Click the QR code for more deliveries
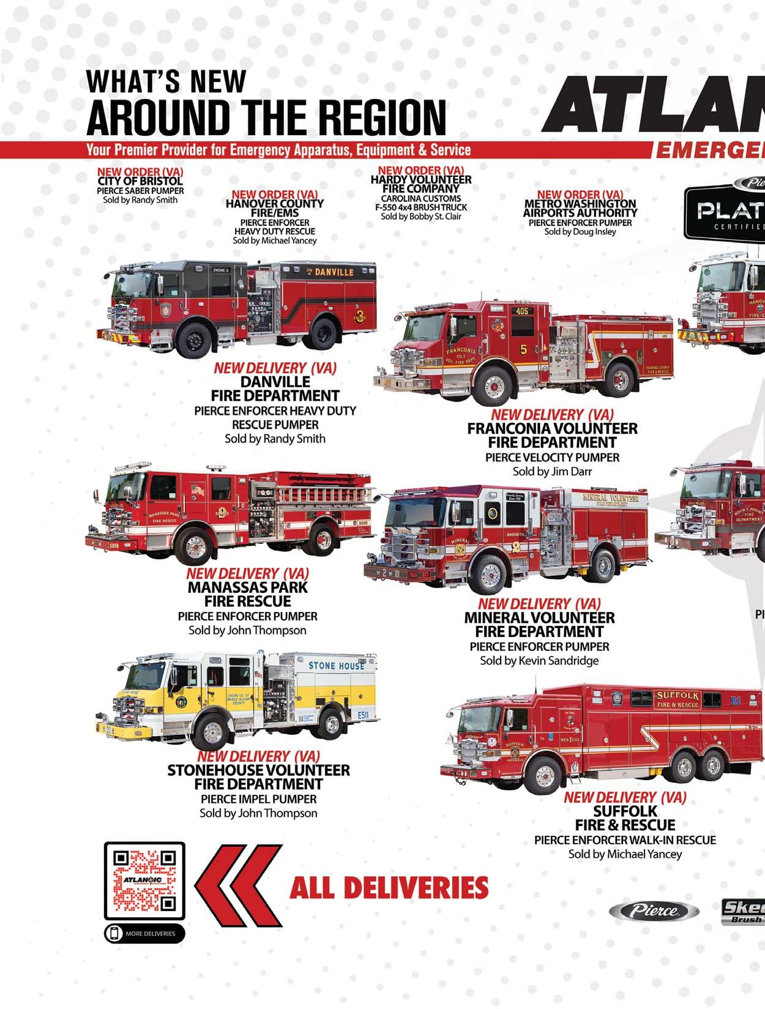[144, 881]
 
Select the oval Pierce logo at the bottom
[653, 910]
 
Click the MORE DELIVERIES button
[144, 933]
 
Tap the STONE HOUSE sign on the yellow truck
[335, 665]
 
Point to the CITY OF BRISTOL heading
[140, 182]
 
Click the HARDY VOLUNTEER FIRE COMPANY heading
[421, 184]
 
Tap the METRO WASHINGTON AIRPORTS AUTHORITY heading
[580, 208]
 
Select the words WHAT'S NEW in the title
[166, 81]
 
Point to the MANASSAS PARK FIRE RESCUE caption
[248, 594]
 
